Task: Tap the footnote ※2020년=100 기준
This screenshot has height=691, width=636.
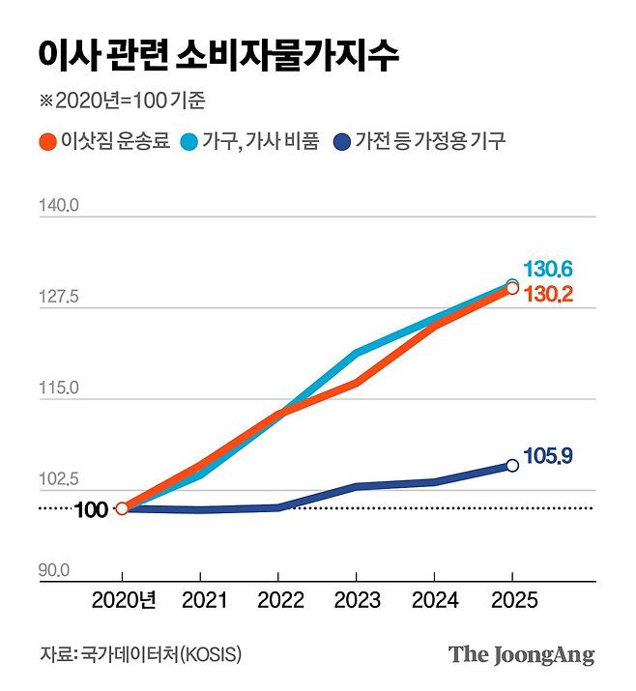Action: [123, 101]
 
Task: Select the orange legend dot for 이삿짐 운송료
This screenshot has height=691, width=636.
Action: [46, 141]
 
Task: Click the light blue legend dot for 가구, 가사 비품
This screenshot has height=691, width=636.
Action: [189, 141]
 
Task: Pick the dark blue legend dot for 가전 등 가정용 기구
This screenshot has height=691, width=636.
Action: [339, 141]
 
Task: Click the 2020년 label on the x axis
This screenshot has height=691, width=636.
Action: [124, 601]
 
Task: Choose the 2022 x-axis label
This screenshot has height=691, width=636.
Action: [280, 601]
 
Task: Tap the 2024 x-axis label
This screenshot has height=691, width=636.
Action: [435, 601]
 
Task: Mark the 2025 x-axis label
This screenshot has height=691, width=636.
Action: [512, 601]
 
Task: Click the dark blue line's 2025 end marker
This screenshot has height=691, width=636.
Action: [512, 465]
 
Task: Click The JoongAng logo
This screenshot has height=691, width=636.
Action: [521, 654]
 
